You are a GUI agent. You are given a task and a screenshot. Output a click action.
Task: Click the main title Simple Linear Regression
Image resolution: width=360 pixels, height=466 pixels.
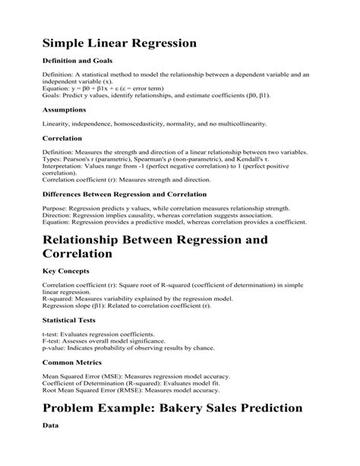pyautogui.click(x=119, y=43)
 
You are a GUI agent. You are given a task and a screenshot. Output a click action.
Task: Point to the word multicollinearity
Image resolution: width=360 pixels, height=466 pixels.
pyautogui.click(x=243, y=123)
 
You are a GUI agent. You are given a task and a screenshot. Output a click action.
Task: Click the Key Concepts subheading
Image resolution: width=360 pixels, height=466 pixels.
pyautogui.click(x=67, y=270)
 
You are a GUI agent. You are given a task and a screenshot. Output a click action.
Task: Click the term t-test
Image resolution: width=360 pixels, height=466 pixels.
pyautogui.click(x=53, y=334)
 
